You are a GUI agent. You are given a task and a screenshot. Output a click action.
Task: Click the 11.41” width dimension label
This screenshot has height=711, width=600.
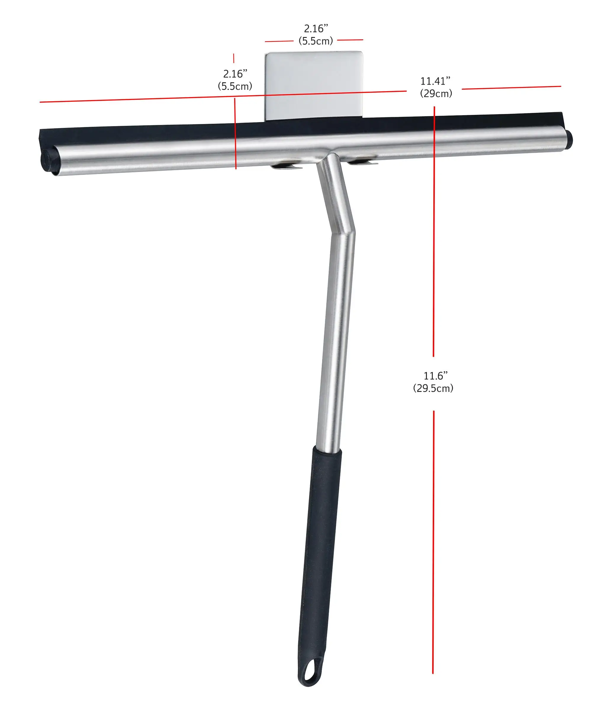[435, 81]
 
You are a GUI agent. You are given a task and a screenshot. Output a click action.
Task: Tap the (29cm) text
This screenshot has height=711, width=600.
[436, 94]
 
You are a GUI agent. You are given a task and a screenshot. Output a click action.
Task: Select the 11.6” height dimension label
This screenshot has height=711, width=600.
[435, 376]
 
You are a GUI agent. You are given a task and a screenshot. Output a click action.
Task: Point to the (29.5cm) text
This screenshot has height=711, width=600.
[433, 388]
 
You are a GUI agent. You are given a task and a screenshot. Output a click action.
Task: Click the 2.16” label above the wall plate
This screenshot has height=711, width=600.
[316, 29]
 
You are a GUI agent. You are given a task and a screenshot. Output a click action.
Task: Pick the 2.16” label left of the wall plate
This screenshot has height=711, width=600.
[235, 74]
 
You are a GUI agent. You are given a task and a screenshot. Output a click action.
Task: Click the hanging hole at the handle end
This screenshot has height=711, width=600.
[310, 672]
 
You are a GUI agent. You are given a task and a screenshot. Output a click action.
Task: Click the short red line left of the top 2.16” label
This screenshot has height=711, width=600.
[279, 41]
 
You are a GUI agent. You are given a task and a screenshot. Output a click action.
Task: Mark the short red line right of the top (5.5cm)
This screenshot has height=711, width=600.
[350, 40]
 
